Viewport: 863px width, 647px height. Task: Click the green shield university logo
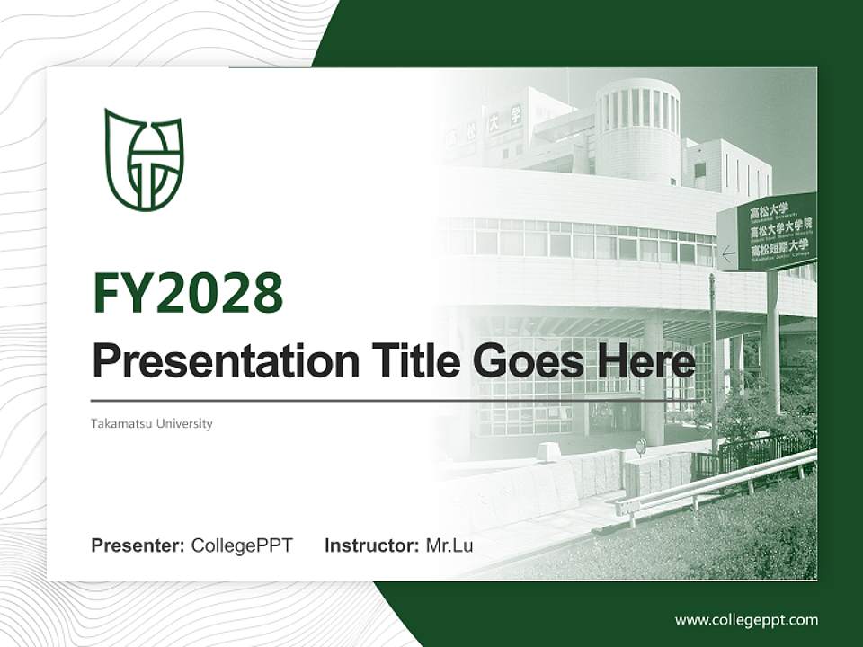[x=144, y=160]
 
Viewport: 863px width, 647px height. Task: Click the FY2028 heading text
[x=188, y=292]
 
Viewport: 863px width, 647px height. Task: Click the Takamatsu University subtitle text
[x=152, y=423]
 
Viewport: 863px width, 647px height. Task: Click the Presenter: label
[x=138, y=545]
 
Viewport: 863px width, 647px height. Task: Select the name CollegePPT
[x=242, y=545]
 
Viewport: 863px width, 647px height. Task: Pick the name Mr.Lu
[x=449, y=545]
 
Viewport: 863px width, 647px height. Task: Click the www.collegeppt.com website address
[x=746, y=619]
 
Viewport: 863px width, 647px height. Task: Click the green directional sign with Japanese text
[x=768, y=232]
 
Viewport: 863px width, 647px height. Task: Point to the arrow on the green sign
[x=729, y=254]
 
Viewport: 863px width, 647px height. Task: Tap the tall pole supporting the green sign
[x=772, y=341]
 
